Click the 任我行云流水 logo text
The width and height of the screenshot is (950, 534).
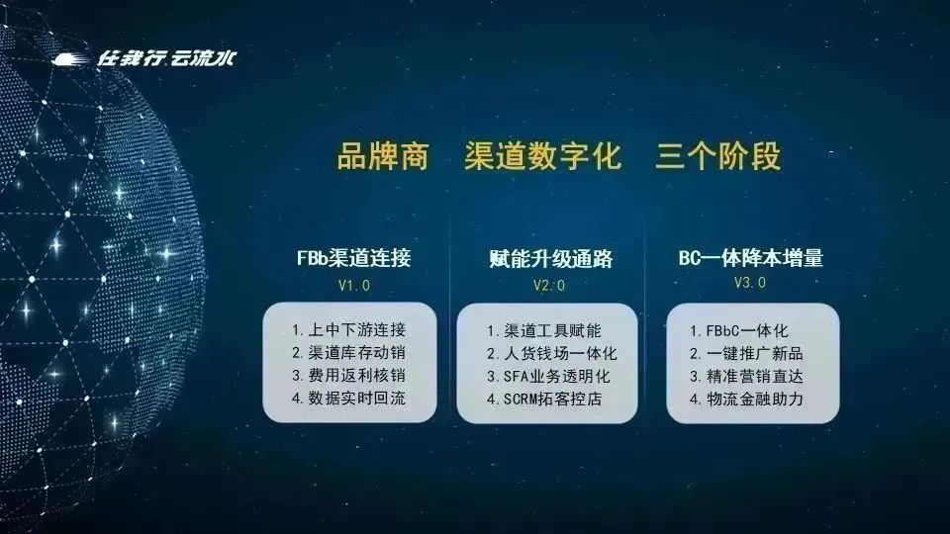[166, 58]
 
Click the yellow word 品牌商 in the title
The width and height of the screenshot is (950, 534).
[383, 156]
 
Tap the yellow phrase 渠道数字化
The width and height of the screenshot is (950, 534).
[543, 156]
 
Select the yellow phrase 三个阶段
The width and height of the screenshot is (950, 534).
[718, 156]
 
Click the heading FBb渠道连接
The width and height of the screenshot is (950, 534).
[354, 258]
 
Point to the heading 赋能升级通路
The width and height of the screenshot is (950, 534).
[551, 258]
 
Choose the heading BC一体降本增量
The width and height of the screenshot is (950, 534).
[751, 258]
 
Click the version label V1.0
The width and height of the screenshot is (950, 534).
[354, 285]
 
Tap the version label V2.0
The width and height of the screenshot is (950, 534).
[549, 285]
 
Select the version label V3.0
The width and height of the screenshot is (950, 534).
[750, 283]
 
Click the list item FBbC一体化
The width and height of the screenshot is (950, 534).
[739, 330]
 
